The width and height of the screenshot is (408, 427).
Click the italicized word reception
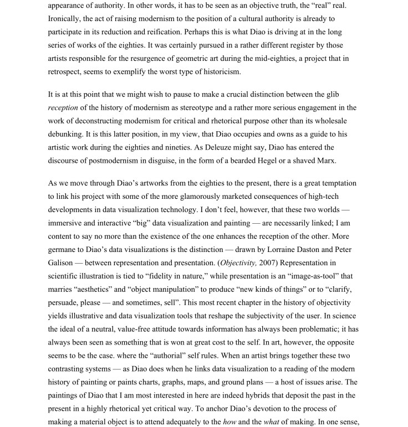(63, 107)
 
